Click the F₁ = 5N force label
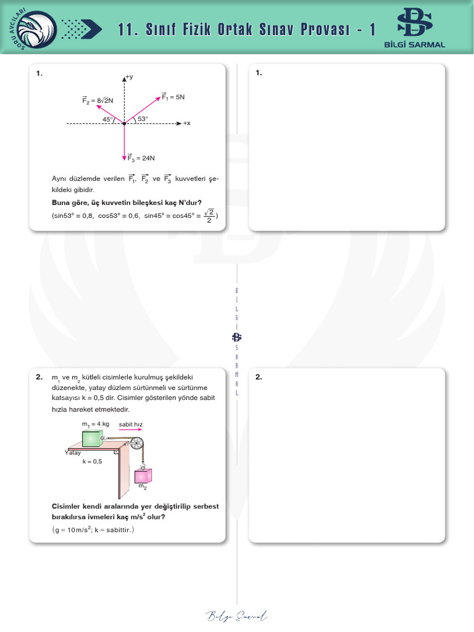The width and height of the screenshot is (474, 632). coord(173,97)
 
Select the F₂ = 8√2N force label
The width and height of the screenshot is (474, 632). coord(98,99)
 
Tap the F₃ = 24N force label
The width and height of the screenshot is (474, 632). coord(141,158)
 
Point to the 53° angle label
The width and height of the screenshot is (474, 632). coord(143,118)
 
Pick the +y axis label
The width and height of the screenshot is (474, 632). coord(129,77)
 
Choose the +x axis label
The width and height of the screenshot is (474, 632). coord(186,123)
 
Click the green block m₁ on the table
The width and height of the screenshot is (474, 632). coord(93,438)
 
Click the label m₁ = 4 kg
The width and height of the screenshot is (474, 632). coord(95,424)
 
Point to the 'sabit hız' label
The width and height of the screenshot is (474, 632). coord(130,424)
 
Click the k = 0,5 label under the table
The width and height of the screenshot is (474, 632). coord(92,462)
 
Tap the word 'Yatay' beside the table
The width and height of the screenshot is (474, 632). coord(73,453)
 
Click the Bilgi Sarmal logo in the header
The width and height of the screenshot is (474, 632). coord(414,27)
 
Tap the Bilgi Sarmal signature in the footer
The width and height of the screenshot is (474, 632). coord(236,615)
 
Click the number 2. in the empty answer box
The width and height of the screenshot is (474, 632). coord(259,377)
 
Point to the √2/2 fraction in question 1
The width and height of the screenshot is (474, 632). coord(209,215)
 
